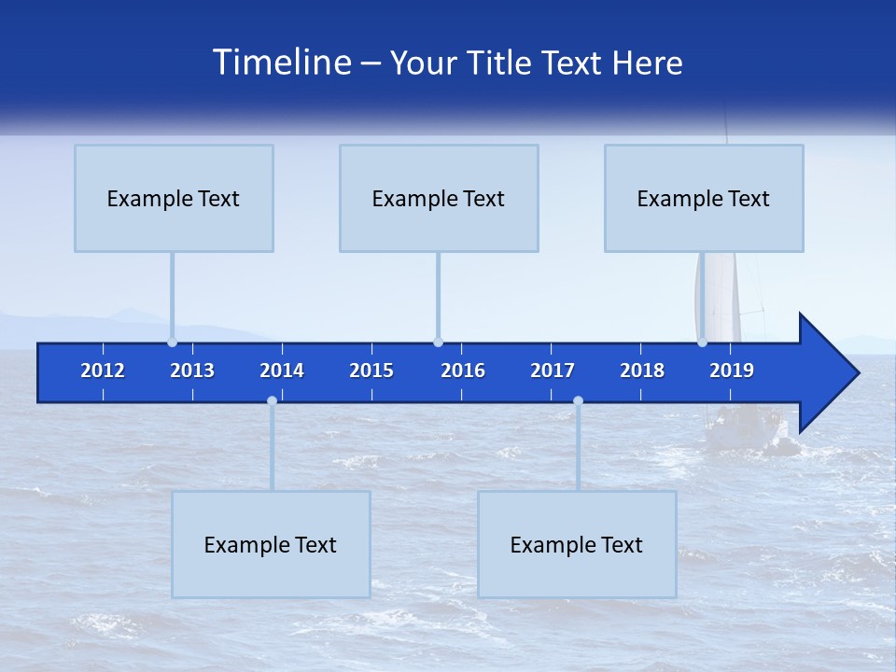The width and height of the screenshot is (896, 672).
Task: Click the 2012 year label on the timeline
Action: click(103, 371)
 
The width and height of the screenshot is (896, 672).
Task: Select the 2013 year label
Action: click(192, 371)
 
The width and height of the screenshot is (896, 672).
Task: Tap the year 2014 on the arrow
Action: click(282, 371)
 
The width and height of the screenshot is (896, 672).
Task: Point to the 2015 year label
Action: click(371, 371)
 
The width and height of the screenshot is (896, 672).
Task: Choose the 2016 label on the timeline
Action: click(463, 371)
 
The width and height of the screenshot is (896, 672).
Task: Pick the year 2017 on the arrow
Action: click(553, 371)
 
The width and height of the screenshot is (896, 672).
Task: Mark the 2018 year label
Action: click(642, 371)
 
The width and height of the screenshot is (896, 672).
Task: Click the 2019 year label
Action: click(732, 371)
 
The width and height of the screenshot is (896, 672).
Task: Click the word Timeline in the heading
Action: click(282, 63)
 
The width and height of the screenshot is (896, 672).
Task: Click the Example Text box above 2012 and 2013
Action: click(174, 198)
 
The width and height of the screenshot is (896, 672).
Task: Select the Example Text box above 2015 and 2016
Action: click(439, 198)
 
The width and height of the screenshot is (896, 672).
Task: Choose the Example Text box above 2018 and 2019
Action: click(704, 198)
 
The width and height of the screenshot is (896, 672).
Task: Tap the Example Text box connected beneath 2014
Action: click(271, 544)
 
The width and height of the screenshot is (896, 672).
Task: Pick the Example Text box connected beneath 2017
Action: click(577, 544)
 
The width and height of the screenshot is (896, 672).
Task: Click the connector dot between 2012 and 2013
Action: click(172, 342)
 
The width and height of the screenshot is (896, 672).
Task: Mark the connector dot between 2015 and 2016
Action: click(438, 342)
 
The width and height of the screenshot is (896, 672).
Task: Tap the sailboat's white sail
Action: click(721, 294)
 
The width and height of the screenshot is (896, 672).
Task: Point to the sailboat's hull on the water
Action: click(747, 431)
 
